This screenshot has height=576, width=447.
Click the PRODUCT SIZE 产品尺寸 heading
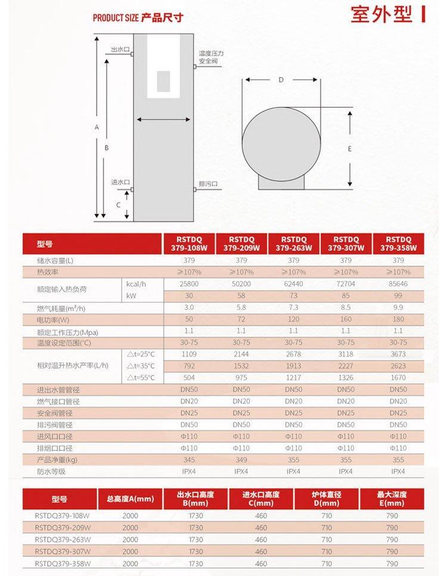click(x=138, y=18)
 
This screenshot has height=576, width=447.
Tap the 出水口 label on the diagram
click(x=120, y=49)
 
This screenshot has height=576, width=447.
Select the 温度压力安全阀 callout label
click(x=211, y=57)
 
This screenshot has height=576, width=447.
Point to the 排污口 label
click(x=209, y=183)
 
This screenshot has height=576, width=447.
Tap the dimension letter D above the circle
click(x=281, y=79)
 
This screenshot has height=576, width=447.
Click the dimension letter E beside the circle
click(x=350, y=149)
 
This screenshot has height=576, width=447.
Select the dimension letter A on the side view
click(x=96, y=127)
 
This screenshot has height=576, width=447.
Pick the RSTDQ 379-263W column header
click(x=293, y=244)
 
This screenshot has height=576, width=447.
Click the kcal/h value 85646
click(x=398, y=284)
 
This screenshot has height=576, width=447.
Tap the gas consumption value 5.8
click(x=241, y=308)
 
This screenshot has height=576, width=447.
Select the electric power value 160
click(x=346, y=320)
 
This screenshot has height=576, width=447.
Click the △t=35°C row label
click(x=141, y=366)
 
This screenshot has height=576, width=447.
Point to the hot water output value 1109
click(x=189, y=354)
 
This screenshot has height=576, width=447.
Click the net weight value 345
click(x=189, y=460)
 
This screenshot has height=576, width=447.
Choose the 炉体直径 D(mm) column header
click(x=326, y=499)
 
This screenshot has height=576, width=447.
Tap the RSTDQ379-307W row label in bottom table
click(x=63, y=552)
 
